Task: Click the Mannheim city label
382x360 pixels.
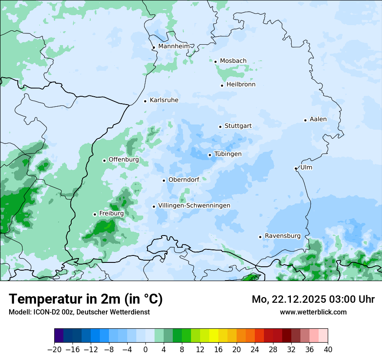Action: pyautogui.click(x=174, y=46)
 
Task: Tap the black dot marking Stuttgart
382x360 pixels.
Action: pyautogui.click(x=221, y=127)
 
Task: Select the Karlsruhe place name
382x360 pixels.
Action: pyautogui.click(x=164, y=100)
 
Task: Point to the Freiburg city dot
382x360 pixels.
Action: pyautogui.click(x=95, y=214)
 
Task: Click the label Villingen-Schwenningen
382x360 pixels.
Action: pyautogui.click(x=194, y=206)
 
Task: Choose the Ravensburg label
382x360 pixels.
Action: pyautogui.click(x=283, y=236)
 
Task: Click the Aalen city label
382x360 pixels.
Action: pyautogui.click(x=318, y=119)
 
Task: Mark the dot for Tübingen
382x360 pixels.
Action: pyautogui.click(x=210, y=155)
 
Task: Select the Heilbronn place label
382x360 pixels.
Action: pyautogui.click(x=241, y=85)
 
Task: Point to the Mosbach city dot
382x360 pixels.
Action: pyautogui.click(x=215, y=62)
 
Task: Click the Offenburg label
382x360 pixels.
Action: pyautogui.click(x=124, y=160)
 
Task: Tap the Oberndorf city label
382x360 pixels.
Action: pyautogui.click(x=184, y=180)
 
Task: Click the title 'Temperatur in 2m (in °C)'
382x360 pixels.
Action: pyautogui.click(x=86, y=299)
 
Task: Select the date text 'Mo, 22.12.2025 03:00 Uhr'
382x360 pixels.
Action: pyautogui.click(x=313, y=299)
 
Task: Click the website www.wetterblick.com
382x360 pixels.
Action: pyautogui.click(x=313, y=312)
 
